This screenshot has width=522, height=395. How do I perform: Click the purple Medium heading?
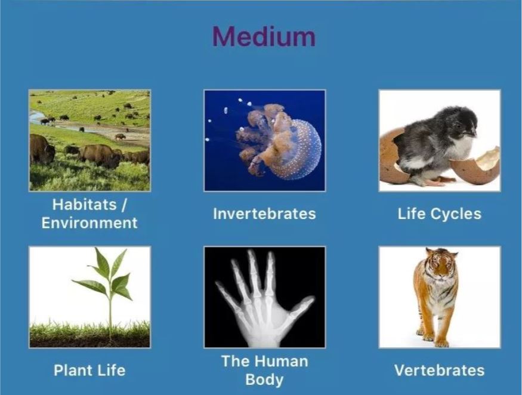pos(264,36)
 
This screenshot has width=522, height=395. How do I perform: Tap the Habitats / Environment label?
pos(89,214)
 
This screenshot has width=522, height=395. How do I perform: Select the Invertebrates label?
pos(264,214)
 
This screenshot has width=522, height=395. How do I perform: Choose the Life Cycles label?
pos(440,214)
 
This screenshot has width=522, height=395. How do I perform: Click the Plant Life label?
pos(89,371)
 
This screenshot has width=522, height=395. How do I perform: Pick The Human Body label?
pos(265,371)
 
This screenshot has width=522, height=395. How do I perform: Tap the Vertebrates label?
pos(440,371)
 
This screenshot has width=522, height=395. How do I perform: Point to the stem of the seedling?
pos(110,310)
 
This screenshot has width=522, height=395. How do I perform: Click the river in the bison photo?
pos(67,125)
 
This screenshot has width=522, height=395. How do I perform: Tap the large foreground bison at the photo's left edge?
pos(42,149)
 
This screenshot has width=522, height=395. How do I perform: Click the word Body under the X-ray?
pos(264,379)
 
